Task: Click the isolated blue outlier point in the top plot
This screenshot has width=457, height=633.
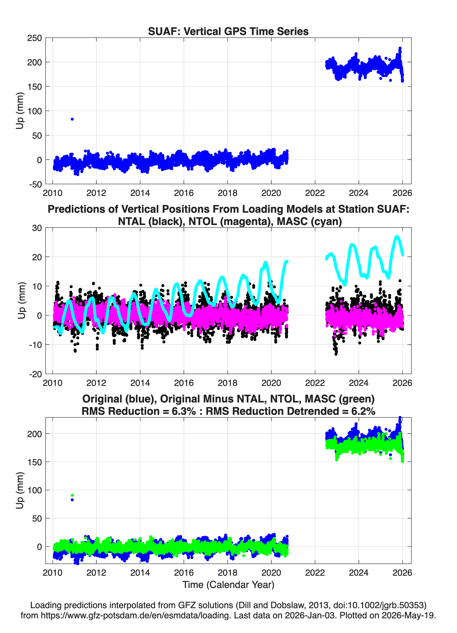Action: [72, 119]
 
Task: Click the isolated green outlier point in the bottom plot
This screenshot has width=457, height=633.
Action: [72, 495]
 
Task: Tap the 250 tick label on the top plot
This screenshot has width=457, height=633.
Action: [34, 38]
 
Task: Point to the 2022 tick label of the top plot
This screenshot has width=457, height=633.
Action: [315, 193]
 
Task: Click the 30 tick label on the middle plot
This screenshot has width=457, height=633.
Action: [37, 228]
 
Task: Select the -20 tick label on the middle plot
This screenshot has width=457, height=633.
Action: [35, 374]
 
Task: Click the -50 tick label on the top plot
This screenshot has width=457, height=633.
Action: [35, 184]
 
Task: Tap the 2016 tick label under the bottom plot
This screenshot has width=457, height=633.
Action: [184, 573]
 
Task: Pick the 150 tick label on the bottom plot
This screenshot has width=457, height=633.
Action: [34, 462]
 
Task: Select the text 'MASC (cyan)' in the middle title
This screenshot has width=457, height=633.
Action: [309, 221]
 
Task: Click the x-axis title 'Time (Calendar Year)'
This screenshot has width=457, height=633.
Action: [228, 585]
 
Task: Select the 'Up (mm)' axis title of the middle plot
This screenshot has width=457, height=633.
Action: [21, 301]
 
